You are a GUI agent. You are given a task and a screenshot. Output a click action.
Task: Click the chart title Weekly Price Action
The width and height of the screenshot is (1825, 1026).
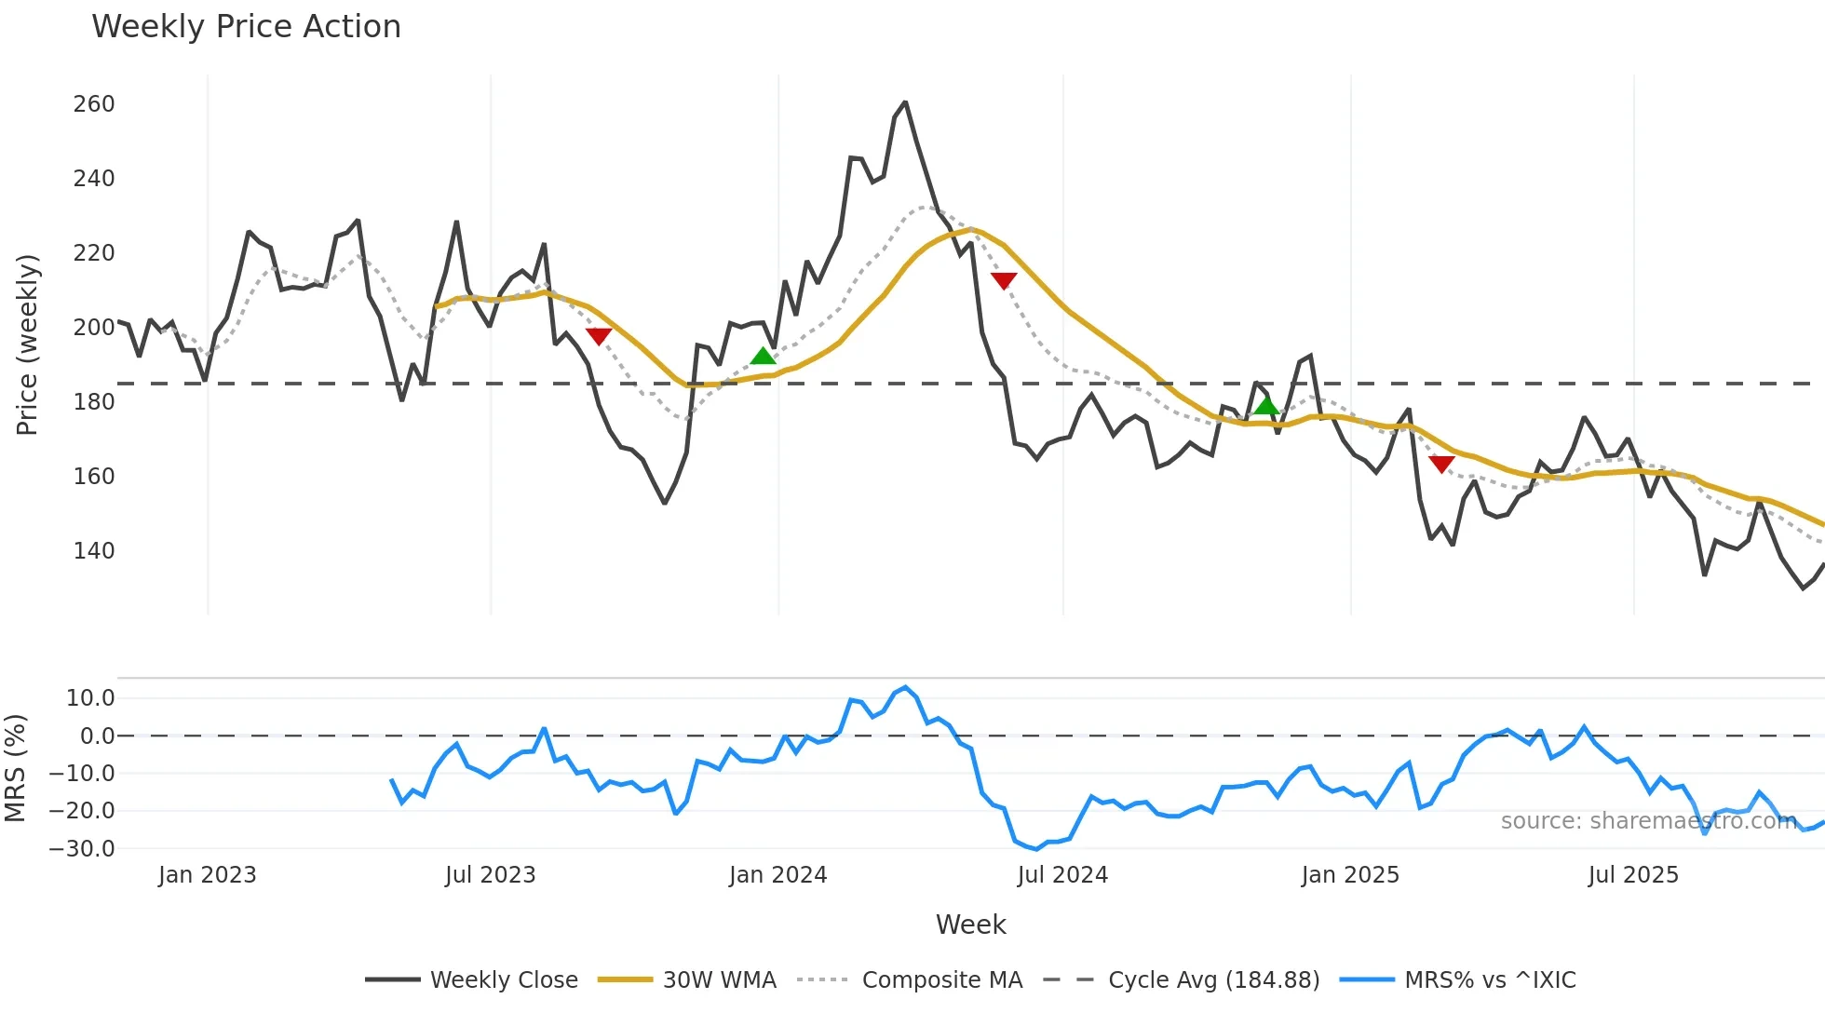[246, 27]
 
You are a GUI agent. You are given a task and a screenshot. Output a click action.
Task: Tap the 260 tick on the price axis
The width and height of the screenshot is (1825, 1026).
[94, 104]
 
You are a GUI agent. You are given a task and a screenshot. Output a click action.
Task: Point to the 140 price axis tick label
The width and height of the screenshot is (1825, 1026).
[94, 551]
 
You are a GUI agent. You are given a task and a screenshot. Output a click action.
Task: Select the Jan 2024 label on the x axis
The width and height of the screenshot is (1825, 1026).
[777, 875]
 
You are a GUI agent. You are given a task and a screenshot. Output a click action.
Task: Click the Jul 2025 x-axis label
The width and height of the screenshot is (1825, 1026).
[1633, 875]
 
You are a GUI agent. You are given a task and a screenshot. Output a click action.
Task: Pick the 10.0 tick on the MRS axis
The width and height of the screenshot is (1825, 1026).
[90, 698]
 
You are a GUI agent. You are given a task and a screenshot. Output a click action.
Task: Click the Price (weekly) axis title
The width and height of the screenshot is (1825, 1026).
[28, 344]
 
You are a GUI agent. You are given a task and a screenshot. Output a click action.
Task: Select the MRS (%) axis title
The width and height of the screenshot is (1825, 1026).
[16, 768]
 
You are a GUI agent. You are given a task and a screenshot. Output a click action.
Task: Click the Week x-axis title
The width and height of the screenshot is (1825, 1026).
[970, 925]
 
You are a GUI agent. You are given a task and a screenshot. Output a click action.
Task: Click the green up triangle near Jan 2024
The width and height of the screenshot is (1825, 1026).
[763, 357]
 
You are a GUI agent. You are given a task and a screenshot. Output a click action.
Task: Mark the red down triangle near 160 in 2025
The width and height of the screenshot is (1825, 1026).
[1441, 464]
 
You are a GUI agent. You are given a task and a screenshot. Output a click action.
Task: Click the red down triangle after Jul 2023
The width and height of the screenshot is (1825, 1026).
[599, 336]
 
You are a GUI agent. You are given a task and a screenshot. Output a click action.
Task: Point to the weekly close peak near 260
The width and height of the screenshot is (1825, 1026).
[905, 103]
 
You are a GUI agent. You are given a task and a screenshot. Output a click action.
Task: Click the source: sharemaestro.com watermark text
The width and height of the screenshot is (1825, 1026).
[1648, 821]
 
